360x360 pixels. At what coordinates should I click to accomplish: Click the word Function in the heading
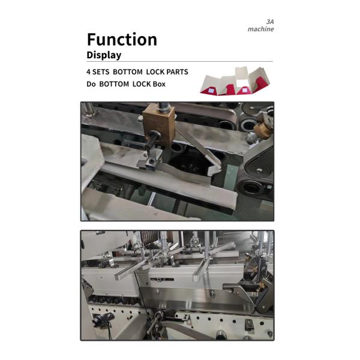[x=122, y=40]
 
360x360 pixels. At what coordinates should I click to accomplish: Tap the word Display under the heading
[x=104, y=55]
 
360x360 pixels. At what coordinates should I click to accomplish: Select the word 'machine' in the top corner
[x=260, y=29]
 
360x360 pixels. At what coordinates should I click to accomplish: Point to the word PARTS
[x=178, y=72]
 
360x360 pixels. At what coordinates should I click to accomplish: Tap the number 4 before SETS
[x=88, y=72]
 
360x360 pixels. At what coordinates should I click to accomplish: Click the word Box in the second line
[x=159, y=84]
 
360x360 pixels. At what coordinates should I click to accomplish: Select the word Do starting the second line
[x=91, y=84]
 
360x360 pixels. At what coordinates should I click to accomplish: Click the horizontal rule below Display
[x=179, y=61]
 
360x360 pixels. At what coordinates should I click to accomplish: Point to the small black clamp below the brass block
[x=154, y=160]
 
